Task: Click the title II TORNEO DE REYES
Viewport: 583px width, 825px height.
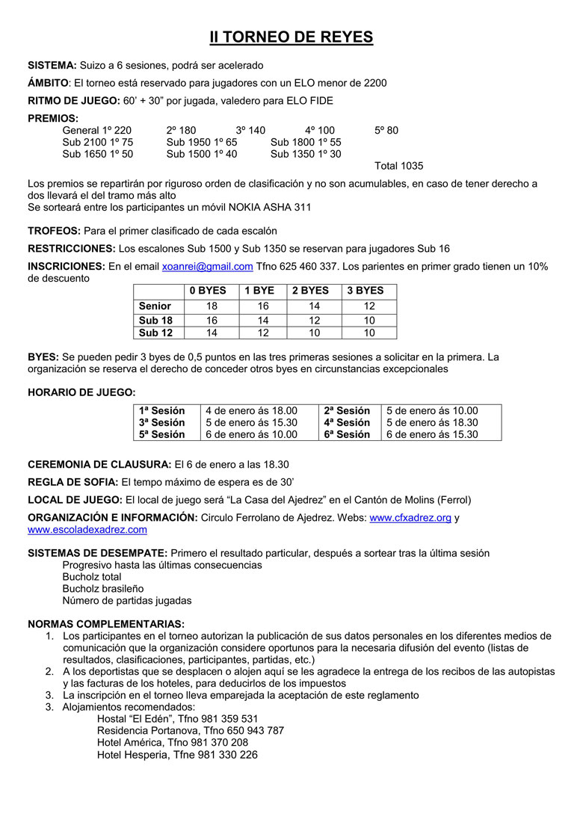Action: click(x=291, y=37)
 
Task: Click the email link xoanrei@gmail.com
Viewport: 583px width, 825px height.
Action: click(x=207, y=266)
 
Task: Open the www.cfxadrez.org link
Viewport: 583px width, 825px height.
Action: click(x=410, y=518)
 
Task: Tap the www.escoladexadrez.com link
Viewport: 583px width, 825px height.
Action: click(x=87, y=530)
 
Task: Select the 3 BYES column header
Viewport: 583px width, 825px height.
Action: click(x=365, y=291)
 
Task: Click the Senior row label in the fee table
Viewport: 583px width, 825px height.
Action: click(x=155, y=306)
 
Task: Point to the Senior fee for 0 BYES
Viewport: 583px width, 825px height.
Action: click(x=212, y=306)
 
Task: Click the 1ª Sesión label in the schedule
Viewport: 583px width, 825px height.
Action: click(x=161, y=410)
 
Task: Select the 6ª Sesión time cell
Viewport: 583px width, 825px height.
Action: click(x=432, y=434)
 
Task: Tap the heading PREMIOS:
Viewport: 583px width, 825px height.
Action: click(x=52, y=118)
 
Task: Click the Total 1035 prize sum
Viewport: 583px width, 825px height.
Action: click(x=398, y=166)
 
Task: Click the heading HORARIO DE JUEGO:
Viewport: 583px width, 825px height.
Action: click(x=81, y=392)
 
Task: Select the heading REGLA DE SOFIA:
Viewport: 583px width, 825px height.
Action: click(x=73, y=482)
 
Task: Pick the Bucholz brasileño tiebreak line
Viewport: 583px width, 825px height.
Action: click(x=103, y=589)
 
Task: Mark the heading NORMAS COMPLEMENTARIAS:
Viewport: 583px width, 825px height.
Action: click(x=105, y=624)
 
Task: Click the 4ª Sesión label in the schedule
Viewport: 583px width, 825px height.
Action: click(x=347, y=422)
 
